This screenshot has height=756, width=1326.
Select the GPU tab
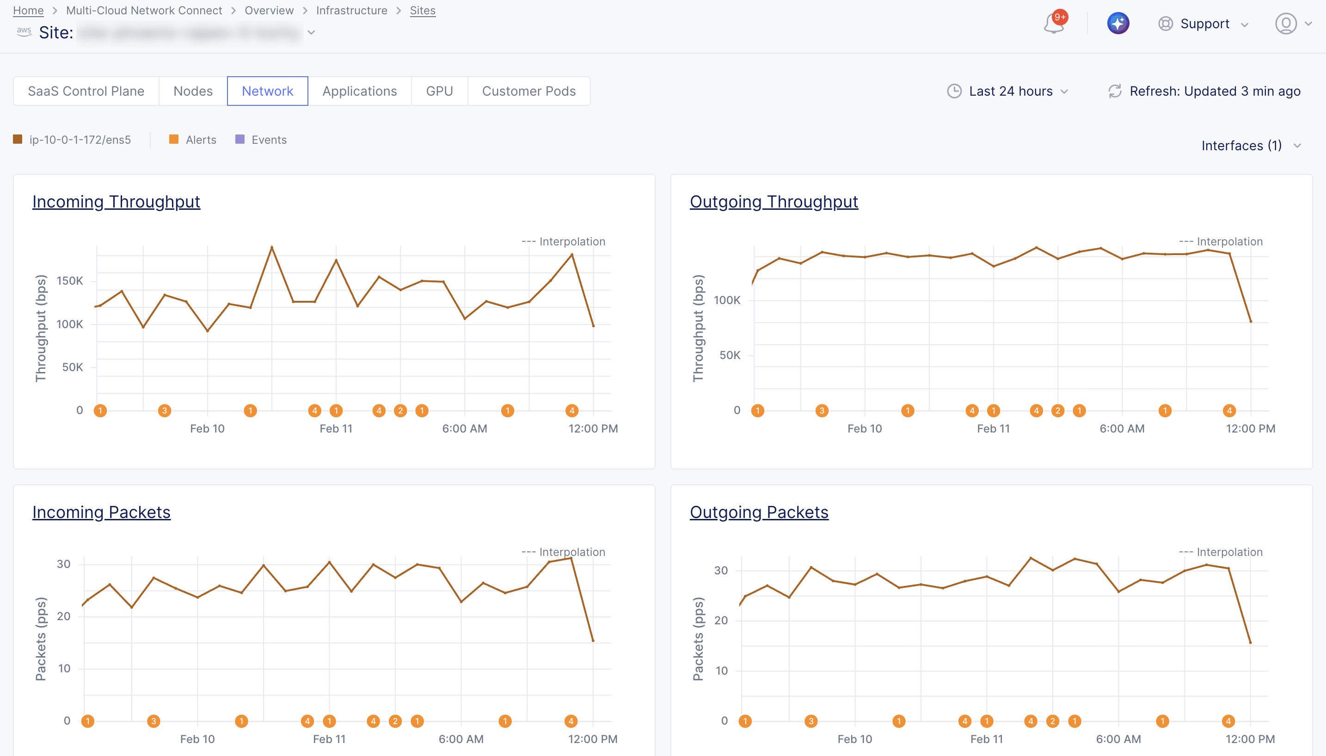coord(439,91)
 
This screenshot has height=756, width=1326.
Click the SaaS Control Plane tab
coord(86,91)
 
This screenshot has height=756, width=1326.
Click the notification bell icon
coord(1053,24)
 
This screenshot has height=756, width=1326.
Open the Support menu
coord(1203,24)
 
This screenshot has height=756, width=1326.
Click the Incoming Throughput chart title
coord(116,201)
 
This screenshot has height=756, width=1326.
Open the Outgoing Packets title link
coord(758,512)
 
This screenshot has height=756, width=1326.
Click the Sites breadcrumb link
coord(422,10)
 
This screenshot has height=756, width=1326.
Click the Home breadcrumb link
coord(28,10)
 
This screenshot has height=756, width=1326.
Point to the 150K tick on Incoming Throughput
coord(70,281)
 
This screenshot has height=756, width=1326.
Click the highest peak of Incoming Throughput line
coord(272,247)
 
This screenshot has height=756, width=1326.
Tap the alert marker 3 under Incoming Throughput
coord(164,411)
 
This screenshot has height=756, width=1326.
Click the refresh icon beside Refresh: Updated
coord(1115,91)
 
